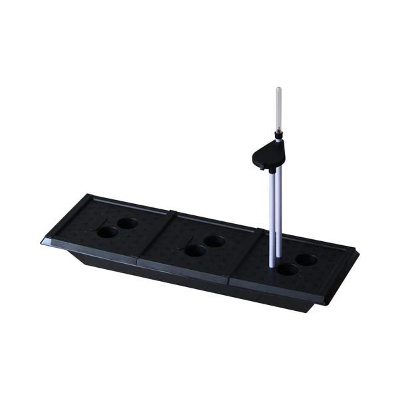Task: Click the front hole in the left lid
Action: [x=107, y=232]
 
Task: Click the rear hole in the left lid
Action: [x=128, y=223]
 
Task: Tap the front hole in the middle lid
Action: [x=195, y=250]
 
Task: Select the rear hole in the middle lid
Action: [x=215, y=241]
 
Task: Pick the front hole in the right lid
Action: [x=287, y=269]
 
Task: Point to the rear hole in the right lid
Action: [x=306, y=259]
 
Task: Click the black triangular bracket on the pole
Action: [x=268, y=155]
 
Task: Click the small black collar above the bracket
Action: [x=278, y=136]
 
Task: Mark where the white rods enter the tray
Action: [x=274, y=264]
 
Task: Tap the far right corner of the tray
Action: [x=357, y=252]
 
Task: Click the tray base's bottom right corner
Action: [x=310, y=310]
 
